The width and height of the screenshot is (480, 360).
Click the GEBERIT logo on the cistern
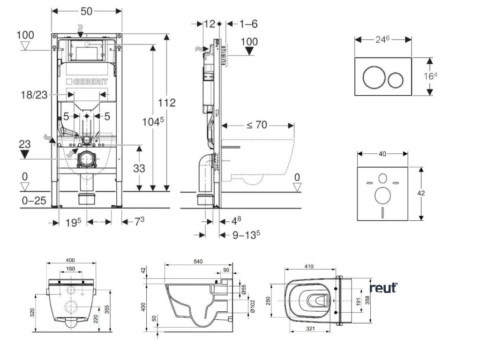click(x=87, y=82)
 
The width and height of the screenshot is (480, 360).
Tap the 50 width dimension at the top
click(x=86, y=10)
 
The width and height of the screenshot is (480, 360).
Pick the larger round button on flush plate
click(x=373, y=77)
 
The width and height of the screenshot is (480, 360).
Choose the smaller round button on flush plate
click(x=397, y=77)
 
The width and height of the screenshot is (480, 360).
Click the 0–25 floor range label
click(x=34, y=201)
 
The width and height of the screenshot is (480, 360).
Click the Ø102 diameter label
click(x=252, y=306)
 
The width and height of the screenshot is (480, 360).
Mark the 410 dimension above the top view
click(x=308, y=266)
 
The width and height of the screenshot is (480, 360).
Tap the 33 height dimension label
click(x=140, y=168)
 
